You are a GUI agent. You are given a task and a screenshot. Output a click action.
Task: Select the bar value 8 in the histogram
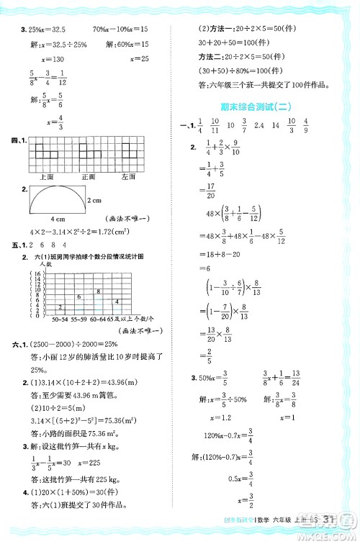tap(98, 291)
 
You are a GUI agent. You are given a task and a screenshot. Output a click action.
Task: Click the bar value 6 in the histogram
tap(77, 296)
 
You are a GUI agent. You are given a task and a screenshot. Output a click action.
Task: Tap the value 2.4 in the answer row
tap(260, 125)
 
